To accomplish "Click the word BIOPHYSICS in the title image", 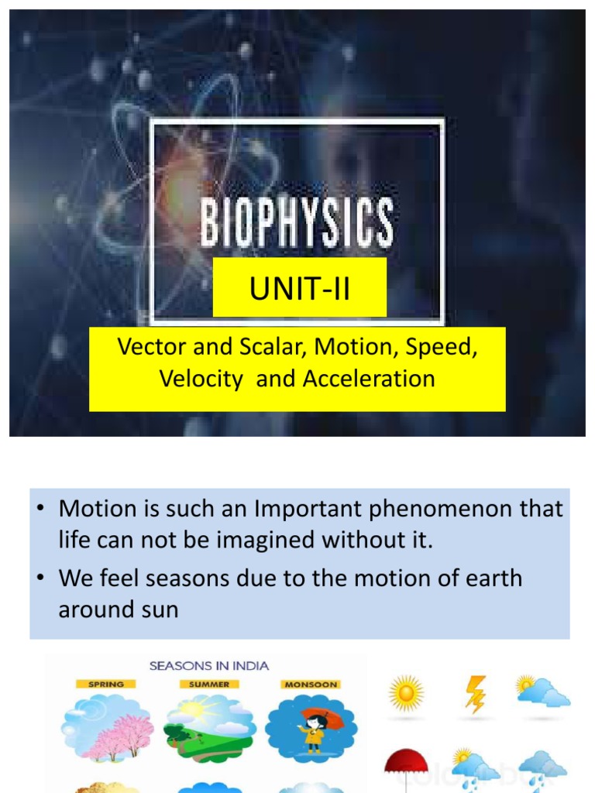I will coord(297,223).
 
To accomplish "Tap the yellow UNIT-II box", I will coord(300,289).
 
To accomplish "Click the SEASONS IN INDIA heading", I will coord(209,665).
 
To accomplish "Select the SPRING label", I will coord(105,685).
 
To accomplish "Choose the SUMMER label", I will coord(209,685).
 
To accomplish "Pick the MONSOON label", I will coord(311,685).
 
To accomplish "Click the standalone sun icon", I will coord(407,693).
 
